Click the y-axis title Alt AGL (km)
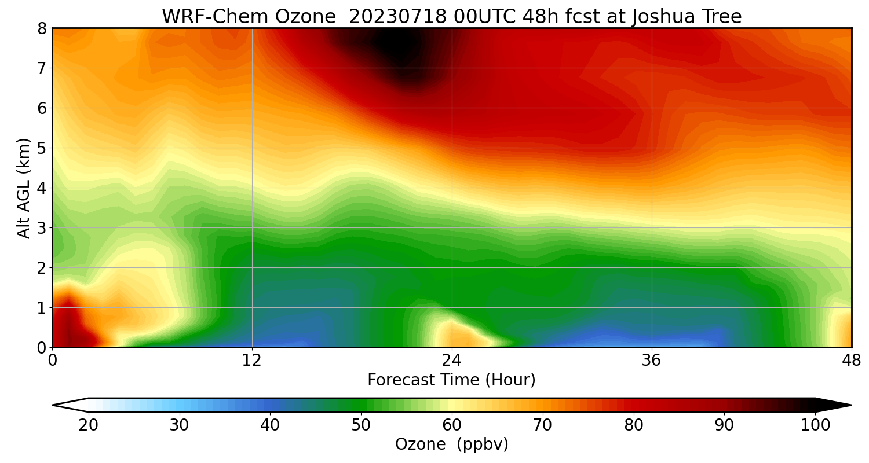[x=24, y=188]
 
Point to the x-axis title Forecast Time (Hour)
[x=451, y=380]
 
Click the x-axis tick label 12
[x=252, y=361]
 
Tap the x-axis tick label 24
[x=452, y=361]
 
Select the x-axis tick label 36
[x=652, y=361]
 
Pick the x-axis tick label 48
[x=851, y=361]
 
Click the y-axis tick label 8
[x=42, y=28]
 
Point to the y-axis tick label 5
[x=42, y=148]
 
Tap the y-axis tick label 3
[x=42, y=228]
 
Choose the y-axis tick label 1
[x=42, y=308]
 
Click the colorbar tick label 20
[x=89, y=425]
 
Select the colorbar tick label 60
[x=452, y=425]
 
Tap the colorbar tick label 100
[x=815, y=425]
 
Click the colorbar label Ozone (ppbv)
[x=451, y=444]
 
